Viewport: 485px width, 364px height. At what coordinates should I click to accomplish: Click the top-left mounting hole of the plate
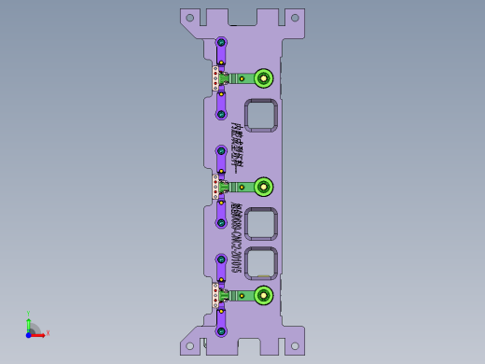tap(190, 17)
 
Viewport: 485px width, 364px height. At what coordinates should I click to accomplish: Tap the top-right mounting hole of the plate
tap(295, 17)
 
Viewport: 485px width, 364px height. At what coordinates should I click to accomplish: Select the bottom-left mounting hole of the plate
tap(190, 347)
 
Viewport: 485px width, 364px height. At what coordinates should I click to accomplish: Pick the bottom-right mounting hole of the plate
tap(295, 347)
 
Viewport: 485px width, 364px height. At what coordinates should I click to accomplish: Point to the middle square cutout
tap(260, 224)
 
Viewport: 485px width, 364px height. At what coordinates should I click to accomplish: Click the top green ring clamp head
tap(264, 77)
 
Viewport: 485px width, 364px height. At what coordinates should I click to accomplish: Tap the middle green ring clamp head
tap(264, 186)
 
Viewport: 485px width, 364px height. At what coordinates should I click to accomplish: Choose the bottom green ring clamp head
tap(264, 295)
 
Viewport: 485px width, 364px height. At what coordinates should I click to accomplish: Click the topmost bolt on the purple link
tap(222, 42)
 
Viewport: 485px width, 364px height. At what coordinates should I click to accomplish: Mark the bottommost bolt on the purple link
tap(222, 330)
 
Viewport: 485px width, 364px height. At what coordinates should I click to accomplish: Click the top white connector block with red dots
tap(215, 77)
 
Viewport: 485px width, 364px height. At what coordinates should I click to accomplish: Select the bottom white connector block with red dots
tap(215, 296)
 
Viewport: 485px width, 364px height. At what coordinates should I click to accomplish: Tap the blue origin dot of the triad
tap(30, 332)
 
